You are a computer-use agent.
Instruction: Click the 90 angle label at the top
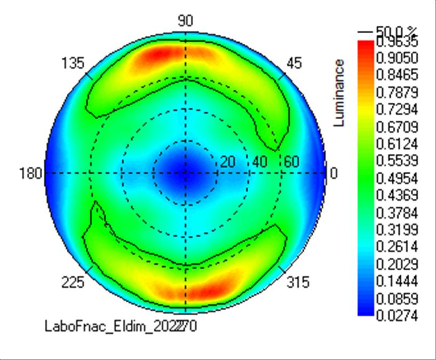point(185,21)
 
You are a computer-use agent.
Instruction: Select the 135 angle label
point(73,63)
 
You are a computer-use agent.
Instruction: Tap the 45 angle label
point(294,63)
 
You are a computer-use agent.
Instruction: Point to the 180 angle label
point(30,174)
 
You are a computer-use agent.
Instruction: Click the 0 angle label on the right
point(334,174)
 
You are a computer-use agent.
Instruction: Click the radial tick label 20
point(228,162)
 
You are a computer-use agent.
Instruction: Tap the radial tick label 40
point(260,162)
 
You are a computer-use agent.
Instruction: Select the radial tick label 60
point(291,162)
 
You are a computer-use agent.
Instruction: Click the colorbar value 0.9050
point(396,58)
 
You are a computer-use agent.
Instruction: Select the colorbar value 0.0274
point(396,316)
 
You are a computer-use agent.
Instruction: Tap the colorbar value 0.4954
point(396,178)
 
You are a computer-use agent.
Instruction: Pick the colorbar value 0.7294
point(396,109)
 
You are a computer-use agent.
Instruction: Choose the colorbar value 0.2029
point(396,264)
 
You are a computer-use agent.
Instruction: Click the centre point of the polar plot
point(185,173)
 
